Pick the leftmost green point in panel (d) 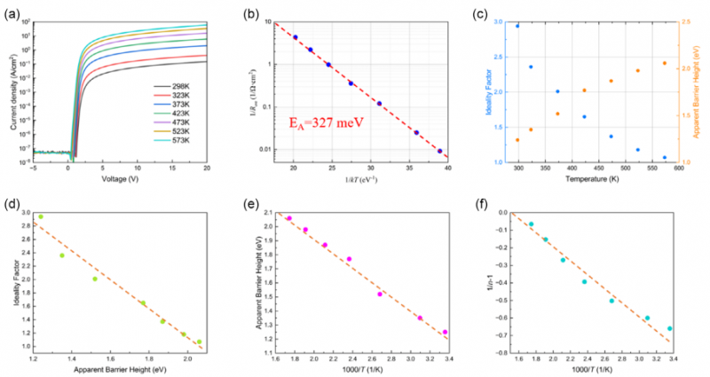point(40,216)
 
